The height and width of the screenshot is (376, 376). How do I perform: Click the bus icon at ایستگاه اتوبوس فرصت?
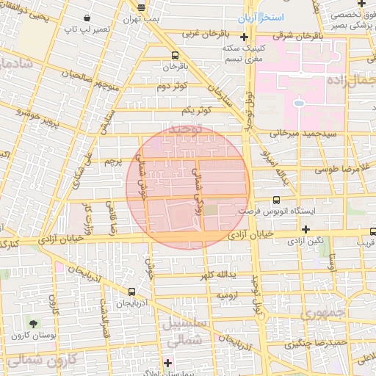(x=276, y=199)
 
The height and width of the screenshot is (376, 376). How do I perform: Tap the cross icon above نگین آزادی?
(x=305, y=229)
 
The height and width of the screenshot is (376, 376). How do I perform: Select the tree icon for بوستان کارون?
(x=33, y=324)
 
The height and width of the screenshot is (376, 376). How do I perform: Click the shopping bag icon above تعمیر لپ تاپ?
(x=87, y=17)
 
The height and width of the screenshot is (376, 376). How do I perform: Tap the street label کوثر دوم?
(x=171, y=87)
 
